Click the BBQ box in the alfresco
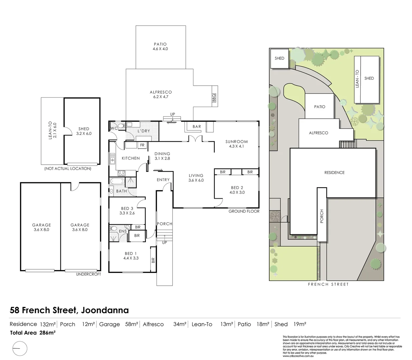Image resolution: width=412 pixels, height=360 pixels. (x=214, y=98)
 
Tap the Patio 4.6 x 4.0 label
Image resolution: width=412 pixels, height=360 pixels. (x=160, y=47)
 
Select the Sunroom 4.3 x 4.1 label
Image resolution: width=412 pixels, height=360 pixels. (x=237, y=144)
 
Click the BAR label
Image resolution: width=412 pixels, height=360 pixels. (x=197, y=127)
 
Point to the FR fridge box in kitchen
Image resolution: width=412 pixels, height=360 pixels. (x=142, y=145)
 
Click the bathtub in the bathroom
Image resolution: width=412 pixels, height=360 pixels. (x=117, y=181)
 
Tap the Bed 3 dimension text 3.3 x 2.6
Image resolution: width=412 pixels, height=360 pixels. (x=127, y=213)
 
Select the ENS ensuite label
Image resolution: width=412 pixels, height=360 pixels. (x=122, y=231)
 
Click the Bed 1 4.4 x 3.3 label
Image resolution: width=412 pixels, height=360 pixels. (x=131, y=256)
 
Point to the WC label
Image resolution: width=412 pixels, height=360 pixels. (x=114, y=128)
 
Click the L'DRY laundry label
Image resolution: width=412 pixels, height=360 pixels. (x=144, y=131)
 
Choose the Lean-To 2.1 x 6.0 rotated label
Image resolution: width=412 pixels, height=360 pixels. (x=52, y=131)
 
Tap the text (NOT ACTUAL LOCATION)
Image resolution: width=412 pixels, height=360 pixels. (x=68, y=169)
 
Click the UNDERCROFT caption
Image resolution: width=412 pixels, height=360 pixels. (x=88, y=274)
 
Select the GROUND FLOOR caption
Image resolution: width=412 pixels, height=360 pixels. (x=244, y=211)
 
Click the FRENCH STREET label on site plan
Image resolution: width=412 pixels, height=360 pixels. (x=328, y=284)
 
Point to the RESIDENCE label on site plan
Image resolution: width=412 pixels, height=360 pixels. (x=334, y=173)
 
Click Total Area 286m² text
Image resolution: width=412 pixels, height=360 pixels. (x=33, y=333)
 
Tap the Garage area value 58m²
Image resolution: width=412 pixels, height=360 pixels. (x=131, y=324)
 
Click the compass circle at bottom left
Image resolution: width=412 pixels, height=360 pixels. (x=19, y=349)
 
